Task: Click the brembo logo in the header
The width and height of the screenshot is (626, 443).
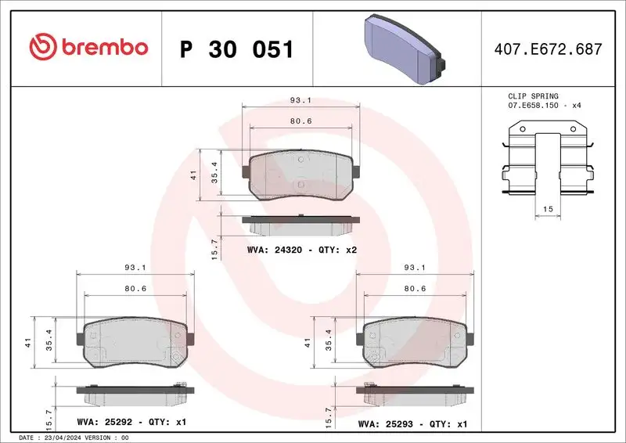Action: (88, 48)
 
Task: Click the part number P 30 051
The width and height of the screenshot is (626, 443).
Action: (236, 49)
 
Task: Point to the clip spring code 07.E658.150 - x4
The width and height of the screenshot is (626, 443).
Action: (544, 105)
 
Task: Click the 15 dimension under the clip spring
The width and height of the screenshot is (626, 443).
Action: (547, 209)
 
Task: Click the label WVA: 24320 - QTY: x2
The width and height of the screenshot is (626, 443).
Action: (301, 250)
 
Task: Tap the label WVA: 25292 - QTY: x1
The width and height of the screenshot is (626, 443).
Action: (130, 423)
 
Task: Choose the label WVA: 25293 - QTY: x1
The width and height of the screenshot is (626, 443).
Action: (412, 423)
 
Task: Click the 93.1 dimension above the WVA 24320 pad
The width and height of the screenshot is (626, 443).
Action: (300, 100)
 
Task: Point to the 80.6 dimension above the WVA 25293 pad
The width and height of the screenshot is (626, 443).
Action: (414, 289)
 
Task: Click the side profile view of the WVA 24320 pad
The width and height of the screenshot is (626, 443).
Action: (301, 225)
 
